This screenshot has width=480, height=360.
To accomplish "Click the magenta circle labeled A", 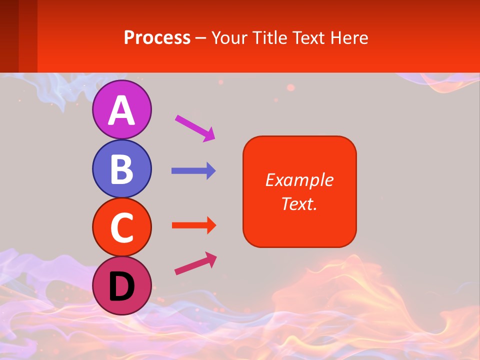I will coord(121,109).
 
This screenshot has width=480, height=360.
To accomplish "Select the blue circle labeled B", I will coord(121,168).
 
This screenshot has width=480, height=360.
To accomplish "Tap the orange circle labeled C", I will coord(121,227).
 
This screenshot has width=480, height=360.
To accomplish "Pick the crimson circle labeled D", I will coord(121,285).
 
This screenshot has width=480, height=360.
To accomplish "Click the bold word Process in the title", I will coord(157,37).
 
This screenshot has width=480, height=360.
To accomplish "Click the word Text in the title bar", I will coord(311,37).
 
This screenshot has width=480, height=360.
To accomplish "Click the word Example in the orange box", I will coord(299,180).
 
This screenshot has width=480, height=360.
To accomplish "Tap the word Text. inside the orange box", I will coord(299,203).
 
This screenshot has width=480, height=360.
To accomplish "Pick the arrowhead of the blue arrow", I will coord(211,171).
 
